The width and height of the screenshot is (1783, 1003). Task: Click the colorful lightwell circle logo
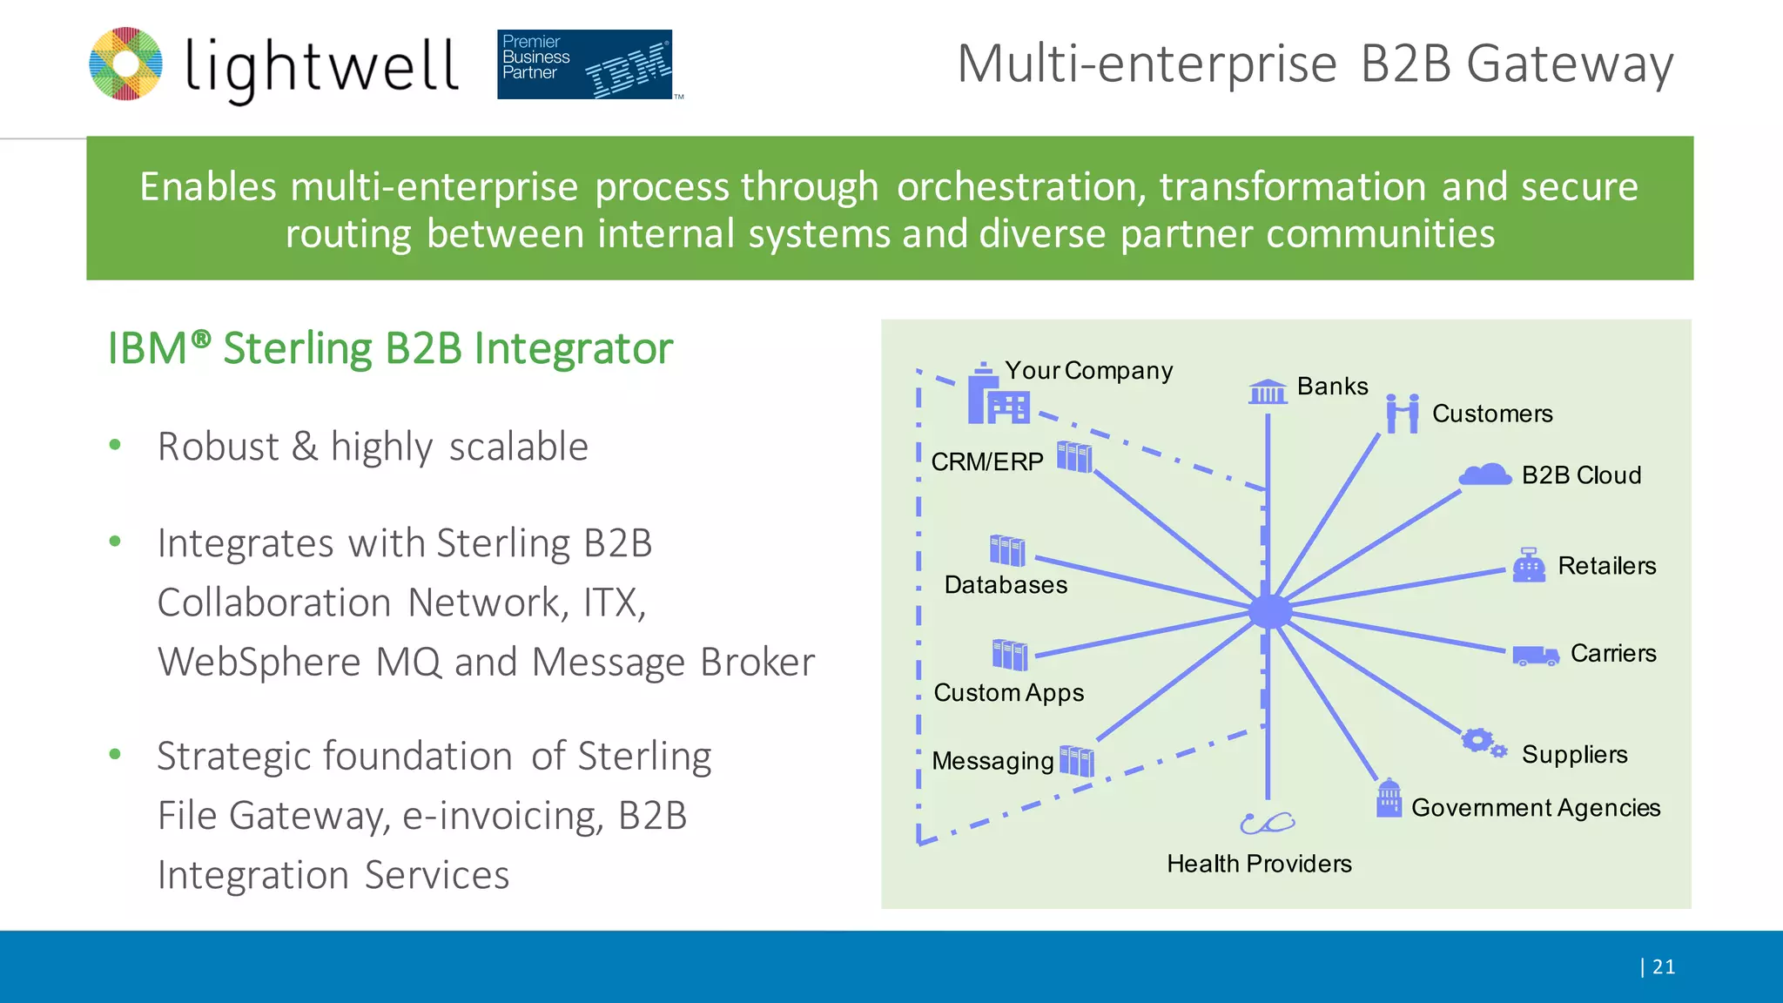[125, 64]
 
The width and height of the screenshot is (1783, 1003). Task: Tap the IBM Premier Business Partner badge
[584, 64]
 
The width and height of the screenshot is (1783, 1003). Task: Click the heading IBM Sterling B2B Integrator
[390, 348]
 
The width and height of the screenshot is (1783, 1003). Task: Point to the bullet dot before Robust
[115, 446]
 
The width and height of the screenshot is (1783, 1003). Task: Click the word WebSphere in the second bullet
[259, 662]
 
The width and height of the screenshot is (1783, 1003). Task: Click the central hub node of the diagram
[1269, 611]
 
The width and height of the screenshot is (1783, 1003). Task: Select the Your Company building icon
[997, 396]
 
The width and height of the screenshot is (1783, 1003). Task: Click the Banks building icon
[1268, 392]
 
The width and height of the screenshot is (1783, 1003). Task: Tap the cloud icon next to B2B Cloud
[1485, 475]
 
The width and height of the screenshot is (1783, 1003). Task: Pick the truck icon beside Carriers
[1535, 656]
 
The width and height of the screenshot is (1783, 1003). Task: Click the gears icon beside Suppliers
[1483, 743]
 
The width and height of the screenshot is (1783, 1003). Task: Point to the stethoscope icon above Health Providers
[1267, 822]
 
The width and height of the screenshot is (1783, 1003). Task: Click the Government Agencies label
[1536, 808]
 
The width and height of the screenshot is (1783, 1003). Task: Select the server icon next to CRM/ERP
[1074, 456]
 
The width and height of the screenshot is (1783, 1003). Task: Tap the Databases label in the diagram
[1006, 585]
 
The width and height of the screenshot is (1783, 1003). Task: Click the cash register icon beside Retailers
[1529, 565]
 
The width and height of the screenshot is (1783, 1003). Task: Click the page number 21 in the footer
[1663, 966]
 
